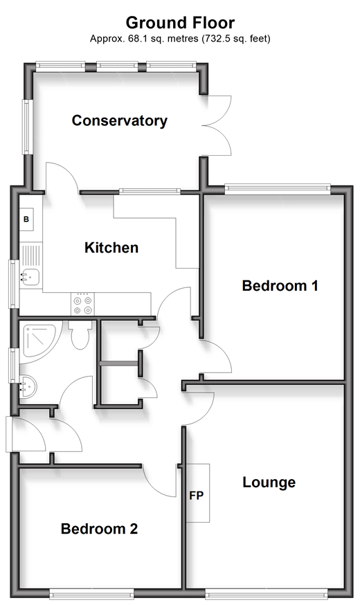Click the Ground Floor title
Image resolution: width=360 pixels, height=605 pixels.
(180, 23)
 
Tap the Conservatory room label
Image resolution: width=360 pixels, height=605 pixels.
(120, 120)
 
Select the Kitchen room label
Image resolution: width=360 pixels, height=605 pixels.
(111, 248)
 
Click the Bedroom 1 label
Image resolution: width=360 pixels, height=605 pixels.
(280, 286)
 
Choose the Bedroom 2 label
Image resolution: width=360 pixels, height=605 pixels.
(99, 529)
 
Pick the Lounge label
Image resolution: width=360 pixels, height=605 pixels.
(269, 482)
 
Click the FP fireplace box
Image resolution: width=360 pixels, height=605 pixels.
(198, 493)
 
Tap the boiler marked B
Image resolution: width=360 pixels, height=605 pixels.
(26, 219)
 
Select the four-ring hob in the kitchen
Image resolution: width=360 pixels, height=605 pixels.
(82, 304)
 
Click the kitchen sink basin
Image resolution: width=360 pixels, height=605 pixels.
(30, 277)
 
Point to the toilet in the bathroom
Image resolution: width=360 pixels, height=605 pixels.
(80, 335)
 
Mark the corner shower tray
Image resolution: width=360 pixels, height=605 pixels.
(40, 341)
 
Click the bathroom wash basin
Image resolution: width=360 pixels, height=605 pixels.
(28, 388)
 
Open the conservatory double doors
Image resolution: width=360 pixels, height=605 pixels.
(217, 125)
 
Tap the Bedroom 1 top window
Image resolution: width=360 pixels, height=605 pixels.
(278, 188)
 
